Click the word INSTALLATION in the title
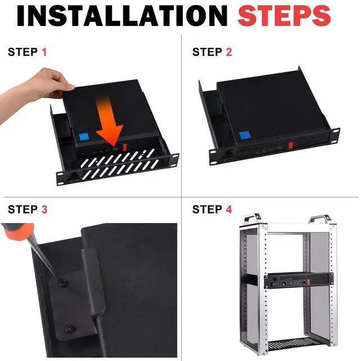tap(122, 16)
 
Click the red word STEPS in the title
tap(285, 16)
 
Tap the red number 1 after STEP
tap(44, 52)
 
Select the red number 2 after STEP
tap(229, 52)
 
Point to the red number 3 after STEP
tap(44, 210)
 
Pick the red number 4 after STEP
tap(229, 210)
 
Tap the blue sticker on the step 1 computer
tap(84, 136)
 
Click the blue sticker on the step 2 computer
tap(245, 136)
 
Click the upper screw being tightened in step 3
tap(62, 282)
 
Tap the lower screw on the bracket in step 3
tap(69, 329)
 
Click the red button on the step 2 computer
tap(291, 146)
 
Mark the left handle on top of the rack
tap(253, 219)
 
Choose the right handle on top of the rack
tap(319, 219)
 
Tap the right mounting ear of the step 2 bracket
tap(335, 135)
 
